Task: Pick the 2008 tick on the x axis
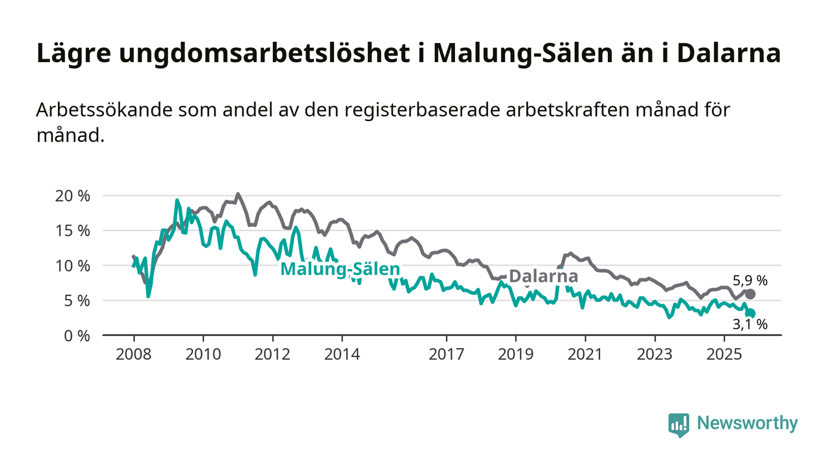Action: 133,355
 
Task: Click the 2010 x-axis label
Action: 203,355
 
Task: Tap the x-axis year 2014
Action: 342,355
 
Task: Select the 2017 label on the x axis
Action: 446,355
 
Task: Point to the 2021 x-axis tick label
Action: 585,355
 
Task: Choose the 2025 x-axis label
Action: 724,355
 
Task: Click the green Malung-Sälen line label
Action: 340,269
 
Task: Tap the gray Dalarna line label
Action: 543,276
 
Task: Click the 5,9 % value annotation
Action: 750,280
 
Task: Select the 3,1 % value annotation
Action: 750,325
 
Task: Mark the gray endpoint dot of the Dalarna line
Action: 750,294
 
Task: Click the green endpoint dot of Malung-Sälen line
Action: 751,313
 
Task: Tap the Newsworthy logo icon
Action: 678,425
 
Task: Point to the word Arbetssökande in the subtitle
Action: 96,111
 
